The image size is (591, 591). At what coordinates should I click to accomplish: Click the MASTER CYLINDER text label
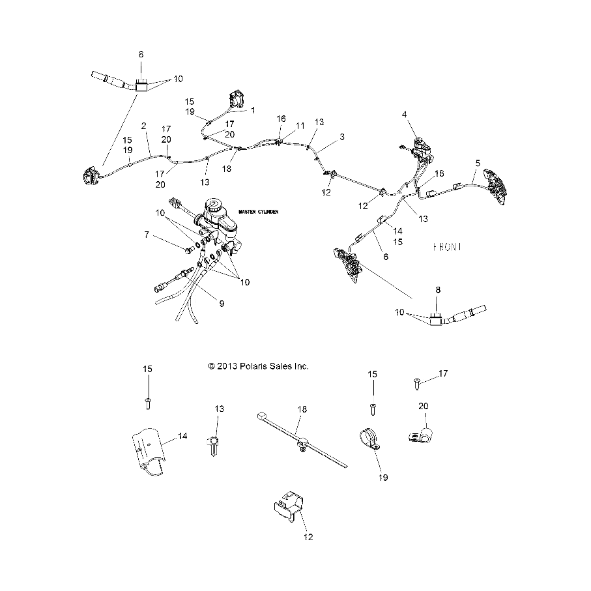click(257, 212)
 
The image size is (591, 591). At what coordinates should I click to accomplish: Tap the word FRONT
click(448, 247)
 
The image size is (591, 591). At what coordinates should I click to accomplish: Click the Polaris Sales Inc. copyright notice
click(258, 366)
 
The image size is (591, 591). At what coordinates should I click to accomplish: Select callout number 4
click(405, 115)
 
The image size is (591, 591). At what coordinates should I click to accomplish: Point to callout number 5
click(478, 162)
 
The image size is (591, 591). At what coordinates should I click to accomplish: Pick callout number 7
click(147, 234)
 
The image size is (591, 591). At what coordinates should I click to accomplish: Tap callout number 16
click(281, 119)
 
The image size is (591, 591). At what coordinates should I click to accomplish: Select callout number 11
click(300, 124)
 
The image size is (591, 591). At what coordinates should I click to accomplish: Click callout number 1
click(253, 109)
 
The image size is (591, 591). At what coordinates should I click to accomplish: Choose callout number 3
click(342, 138)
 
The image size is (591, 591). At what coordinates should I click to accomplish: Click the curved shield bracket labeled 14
click(149, 449)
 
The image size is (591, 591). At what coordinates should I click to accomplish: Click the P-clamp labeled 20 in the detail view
click(415, 431)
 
